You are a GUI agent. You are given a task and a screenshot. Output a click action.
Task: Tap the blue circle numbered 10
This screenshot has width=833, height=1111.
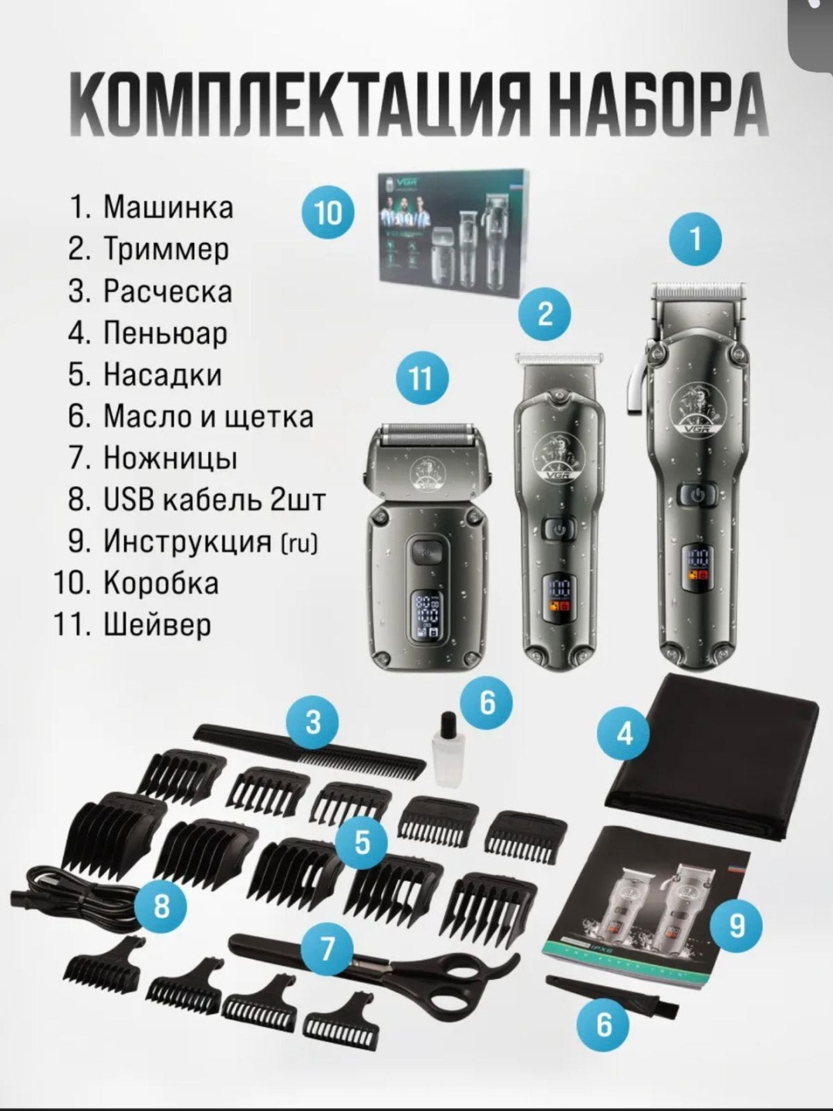pos(328,213)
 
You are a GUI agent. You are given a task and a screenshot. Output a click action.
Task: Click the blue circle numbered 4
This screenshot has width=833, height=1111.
pos(625,733)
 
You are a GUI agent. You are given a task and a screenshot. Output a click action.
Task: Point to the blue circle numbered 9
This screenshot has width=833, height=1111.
pos(736,925)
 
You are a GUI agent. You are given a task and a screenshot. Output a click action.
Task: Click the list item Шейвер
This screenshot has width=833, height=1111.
pos(133,626)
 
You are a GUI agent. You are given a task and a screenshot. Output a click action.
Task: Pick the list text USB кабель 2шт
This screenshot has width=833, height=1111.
pos(197,500)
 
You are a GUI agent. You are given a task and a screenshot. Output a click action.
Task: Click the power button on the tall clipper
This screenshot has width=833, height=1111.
pos(697,495)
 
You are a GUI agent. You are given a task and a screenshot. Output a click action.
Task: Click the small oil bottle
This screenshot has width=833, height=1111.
pos(446,741)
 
